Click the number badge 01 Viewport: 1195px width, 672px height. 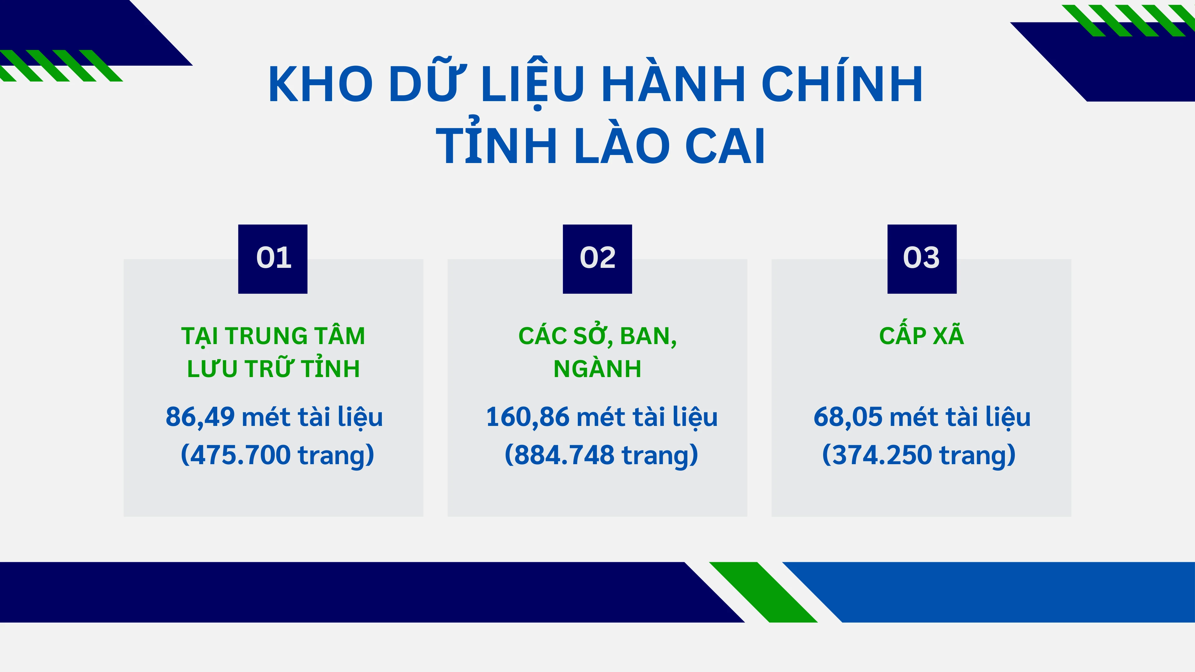pyautogui.click(x=273, y=259)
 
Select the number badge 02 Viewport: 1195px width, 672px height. pyautogui.click(x=597, y=259)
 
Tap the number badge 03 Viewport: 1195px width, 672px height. pyautogui.click(x=922, y=259)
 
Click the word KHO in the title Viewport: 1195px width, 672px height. pyautogui.click(x=321, y=84)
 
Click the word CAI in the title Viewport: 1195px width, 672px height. pyautogui.click(x=724, y=146)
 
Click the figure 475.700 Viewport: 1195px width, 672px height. pyautogui.click(x=240, y=455)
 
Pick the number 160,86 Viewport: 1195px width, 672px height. pyautogui.click(x=527, y=417)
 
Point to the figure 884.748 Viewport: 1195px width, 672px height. pyautogui.click(x=564, y=455)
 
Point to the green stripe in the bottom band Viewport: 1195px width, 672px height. pyautogui.click(x=763, y=592)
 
